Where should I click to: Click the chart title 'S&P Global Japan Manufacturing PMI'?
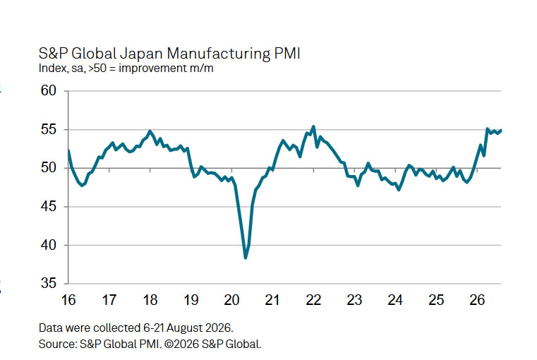click(x=169, y=54)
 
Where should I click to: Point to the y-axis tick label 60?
click(x=48, y=90)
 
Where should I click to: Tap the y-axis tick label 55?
click(x=48, y=129)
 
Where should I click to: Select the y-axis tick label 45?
click(x=48, y=207)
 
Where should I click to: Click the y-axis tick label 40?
click(x=48, y=245)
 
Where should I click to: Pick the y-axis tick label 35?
click(x=48, y=283)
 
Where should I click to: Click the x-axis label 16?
click(x=68, y=300)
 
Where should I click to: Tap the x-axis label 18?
click(x=150, y=300)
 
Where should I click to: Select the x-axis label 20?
click(x=231, y=300)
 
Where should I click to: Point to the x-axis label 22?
click(x=313, y=300)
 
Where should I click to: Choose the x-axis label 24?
click(x=395, y=300)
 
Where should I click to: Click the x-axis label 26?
click(x=477, y=300)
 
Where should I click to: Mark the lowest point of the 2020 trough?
click(x=246, y=258)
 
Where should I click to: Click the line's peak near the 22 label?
click(x=313, y=126)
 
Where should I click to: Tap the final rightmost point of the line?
click(x=501, y=130)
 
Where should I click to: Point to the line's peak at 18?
click(x=150, y=131)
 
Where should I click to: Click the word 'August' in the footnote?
click(x=185, y=328)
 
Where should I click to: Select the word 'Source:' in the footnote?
click(x=59, y=344)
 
